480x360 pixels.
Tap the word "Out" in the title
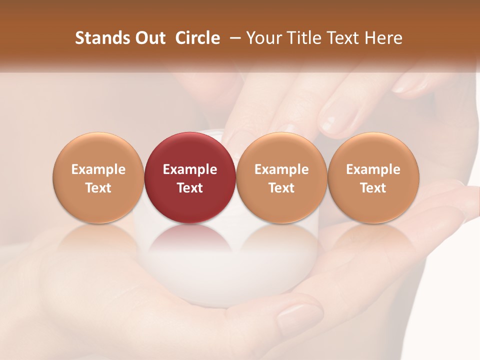(149, 38)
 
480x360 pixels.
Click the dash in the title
(233, 38)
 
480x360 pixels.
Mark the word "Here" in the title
(383, 38)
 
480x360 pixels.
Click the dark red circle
(190, 177)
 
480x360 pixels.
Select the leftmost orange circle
(98, 177)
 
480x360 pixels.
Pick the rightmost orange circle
(373, 177)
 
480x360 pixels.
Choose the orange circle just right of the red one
(281, 177)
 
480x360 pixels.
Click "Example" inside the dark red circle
(190, 169)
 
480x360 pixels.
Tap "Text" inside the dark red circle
(190, 188)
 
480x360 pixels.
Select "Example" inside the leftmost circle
(98, 169)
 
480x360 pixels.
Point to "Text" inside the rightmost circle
(373, 188)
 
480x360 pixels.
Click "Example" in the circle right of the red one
(281, 169)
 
